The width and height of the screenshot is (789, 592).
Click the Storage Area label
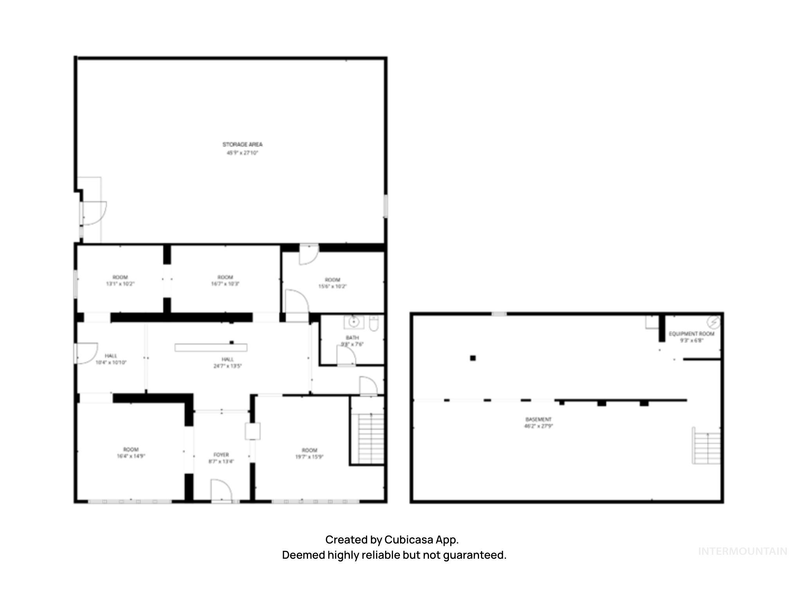tap(243, 144)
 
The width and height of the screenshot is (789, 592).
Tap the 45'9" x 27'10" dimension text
tap(243, 153)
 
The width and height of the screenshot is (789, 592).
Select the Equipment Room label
tap(692, 334)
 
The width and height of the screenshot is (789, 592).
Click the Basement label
tap(539, 419)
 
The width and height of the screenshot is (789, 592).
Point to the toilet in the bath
tap(374, 324)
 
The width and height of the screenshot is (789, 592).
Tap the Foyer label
tap(221, 455)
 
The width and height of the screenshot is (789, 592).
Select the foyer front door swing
tap(221, 490)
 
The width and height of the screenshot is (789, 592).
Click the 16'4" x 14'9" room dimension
tap(131, 456)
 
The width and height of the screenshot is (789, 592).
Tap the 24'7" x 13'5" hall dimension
tap(228, 366)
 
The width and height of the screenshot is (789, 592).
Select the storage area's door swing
tap(94, 213)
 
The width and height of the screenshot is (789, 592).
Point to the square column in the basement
tap(473, 358)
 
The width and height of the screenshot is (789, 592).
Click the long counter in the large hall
tap(211, 348)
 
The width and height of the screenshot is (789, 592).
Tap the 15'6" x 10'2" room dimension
tap(333, 287)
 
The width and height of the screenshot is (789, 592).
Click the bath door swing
tap(346, 356)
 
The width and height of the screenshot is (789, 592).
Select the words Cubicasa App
tap(421, 540)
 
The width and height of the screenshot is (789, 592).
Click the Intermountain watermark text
tap(742, 551)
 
